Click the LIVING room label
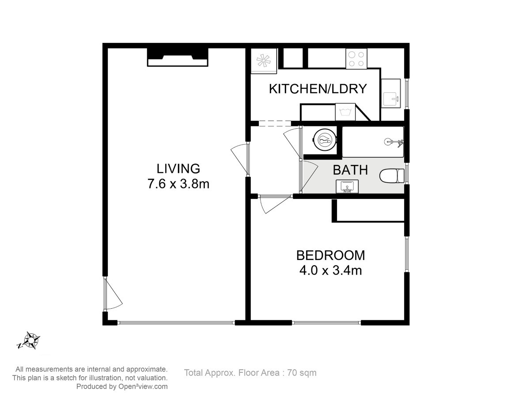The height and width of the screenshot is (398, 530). click(x=178, y=168)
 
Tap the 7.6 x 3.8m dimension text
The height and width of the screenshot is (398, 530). click(x=178, y=184)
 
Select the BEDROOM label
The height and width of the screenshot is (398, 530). click(x=330, y=256)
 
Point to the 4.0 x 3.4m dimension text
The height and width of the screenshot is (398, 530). click(x=330, y=270)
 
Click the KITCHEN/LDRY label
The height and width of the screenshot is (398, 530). click(x=318, y=89)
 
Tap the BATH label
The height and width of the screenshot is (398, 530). click(x=350, y=170)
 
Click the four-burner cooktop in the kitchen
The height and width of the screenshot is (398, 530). click(x=356, y=59)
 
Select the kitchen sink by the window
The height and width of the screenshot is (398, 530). click(x=391, y=93)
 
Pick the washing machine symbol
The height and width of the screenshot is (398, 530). click(x=345, y=112)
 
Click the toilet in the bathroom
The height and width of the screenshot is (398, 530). click(x=392, y=176)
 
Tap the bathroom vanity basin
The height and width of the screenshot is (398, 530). click(x=347, y=187)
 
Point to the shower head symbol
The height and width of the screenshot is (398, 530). click(x=394, y=142)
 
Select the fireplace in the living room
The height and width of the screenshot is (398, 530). click(x=178, y=57)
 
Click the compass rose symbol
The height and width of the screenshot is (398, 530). click(x=30, y=340)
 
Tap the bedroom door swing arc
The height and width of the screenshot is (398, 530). click(x=275, y=205)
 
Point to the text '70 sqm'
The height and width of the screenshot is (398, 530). click(x=302, y=373)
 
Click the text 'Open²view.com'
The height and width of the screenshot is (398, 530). click(x=143, y=387)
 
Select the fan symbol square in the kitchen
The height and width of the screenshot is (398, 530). click(x=264, y=61)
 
